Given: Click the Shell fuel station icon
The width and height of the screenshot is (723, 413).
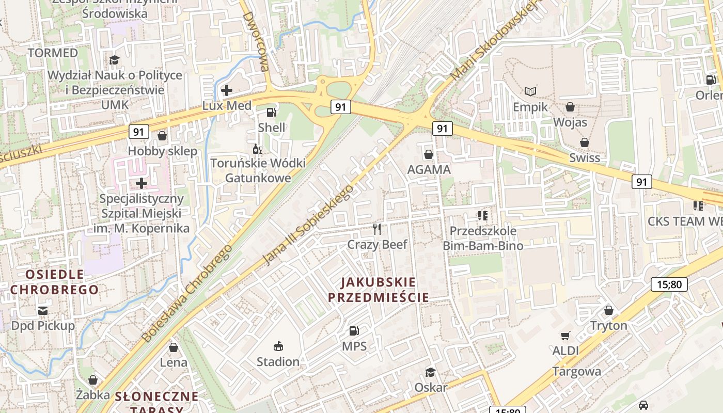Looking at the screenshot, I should (271, 112).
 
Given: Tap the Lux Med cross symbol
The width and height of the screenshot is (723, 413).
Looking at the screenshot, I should (226, 90).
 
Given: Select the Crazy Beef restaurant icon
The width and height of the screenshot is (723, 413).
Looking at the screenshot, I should (378, 229).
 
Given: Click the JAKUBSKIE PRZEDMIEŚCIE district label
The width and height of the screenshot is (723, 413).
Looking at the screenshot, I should (379, 290).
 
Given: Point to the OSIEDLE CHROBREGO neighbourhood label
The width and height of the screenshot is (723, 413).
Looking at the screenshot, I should (54, 282).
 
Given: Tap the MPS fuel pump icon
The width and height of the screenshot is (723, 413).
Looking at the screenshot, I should (354, 330).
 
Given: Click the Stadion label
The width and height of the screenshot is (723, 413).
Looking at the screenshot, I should (278, 361).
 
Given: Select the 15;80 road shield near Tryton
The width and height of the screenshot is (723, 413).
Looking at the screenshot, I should (669, 284).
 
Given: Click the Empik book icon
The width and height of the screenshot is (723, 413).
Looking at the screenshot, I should (530, 91).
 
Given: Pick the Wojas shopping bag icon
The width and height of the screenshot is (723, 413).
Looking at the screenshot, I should (570, 107).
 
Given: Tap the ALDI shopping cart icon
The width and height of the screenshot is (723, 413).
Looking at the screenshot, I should (565, 336).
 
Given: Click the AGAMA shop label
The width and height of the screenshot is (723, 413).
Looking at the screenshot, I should (429, 169).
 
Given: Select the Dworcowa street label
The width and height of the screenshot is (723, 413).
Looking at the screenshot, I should (256, 41).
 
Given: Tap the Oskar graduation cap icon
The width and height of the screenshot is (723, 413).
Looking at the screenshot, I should (430, 372).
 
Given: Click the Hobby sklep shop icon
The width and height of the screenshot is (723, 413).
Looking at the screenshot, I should (162, 136).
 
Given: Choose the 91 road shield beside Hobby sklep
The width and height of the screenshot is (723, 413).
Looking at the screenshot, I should (138, 132).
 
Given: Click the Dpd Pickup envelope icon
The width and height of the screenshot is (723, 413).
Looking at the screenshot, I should (42, 310).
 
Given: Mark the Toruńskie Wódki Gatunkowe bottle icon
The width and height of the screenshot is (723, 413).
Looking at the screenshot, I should (257, 149).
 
